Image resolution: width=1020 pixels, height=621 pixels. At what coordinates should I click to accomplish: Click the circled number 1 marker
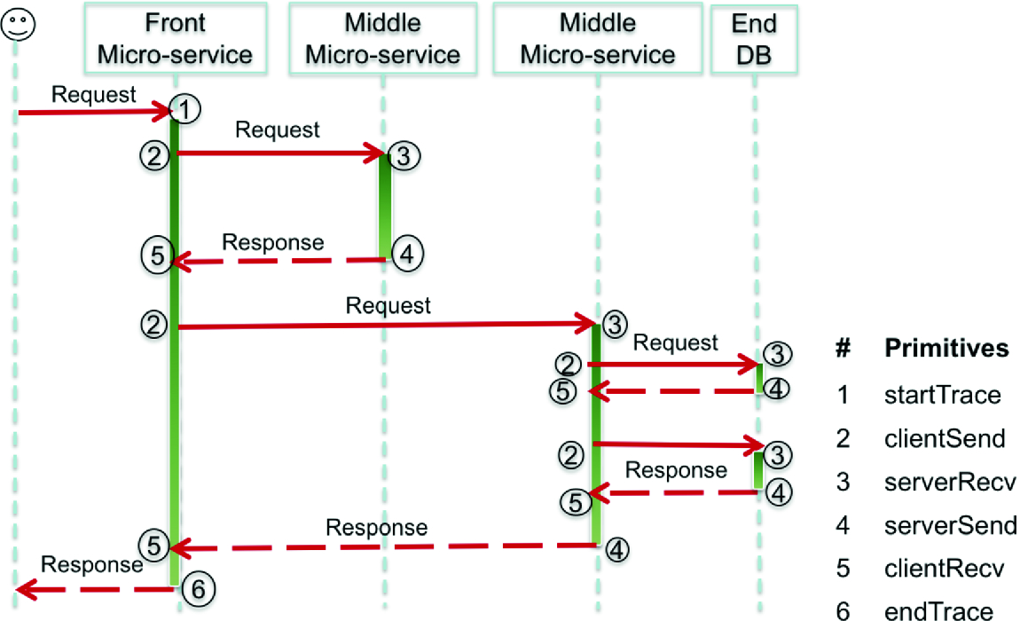pos(185,110)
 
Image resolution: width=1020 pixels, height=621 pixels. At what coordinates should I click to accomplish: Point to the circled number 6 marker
pos(198,587)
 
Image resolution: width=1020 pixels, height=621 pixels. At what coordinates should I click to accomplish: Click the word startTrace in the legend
pos(942,395)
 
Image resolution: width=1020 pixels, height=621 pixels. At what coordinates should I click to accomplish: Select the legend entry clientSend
pos(945,438)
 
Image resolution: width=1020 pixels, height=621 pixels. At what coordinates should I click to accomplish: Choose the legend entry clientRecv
pos(945,569)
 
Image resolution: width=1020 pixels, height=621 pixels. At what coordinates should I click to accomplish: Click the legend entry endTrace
pos(939,610)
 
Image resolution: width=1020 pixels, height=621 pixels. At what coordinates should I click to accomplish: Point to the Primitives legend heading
pos(946,349)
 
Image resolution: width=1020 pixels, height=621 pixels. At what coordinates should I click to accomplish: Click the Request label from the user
pos(94,94)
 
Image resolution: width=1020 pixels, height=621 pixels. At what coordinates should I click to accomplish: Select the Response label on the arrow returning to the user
pos(91,564)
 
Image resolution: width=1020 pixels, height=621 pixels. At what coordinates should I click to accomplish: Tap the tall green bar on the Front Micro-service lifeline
pos(175,355)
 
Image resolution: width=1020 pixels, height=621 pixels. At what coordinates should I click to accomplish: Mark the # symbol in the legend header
pos(843,349)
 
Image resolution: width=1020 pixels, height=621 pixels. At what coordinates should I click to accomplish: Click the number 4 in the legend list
pos(843,525)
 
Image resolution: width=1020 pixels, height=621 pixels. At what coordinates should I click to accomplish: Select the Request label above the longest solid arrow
pos(388,306)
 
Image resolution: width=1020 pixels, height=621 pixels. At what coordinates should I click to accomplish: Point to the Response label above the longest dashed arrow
pos(376,528)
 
